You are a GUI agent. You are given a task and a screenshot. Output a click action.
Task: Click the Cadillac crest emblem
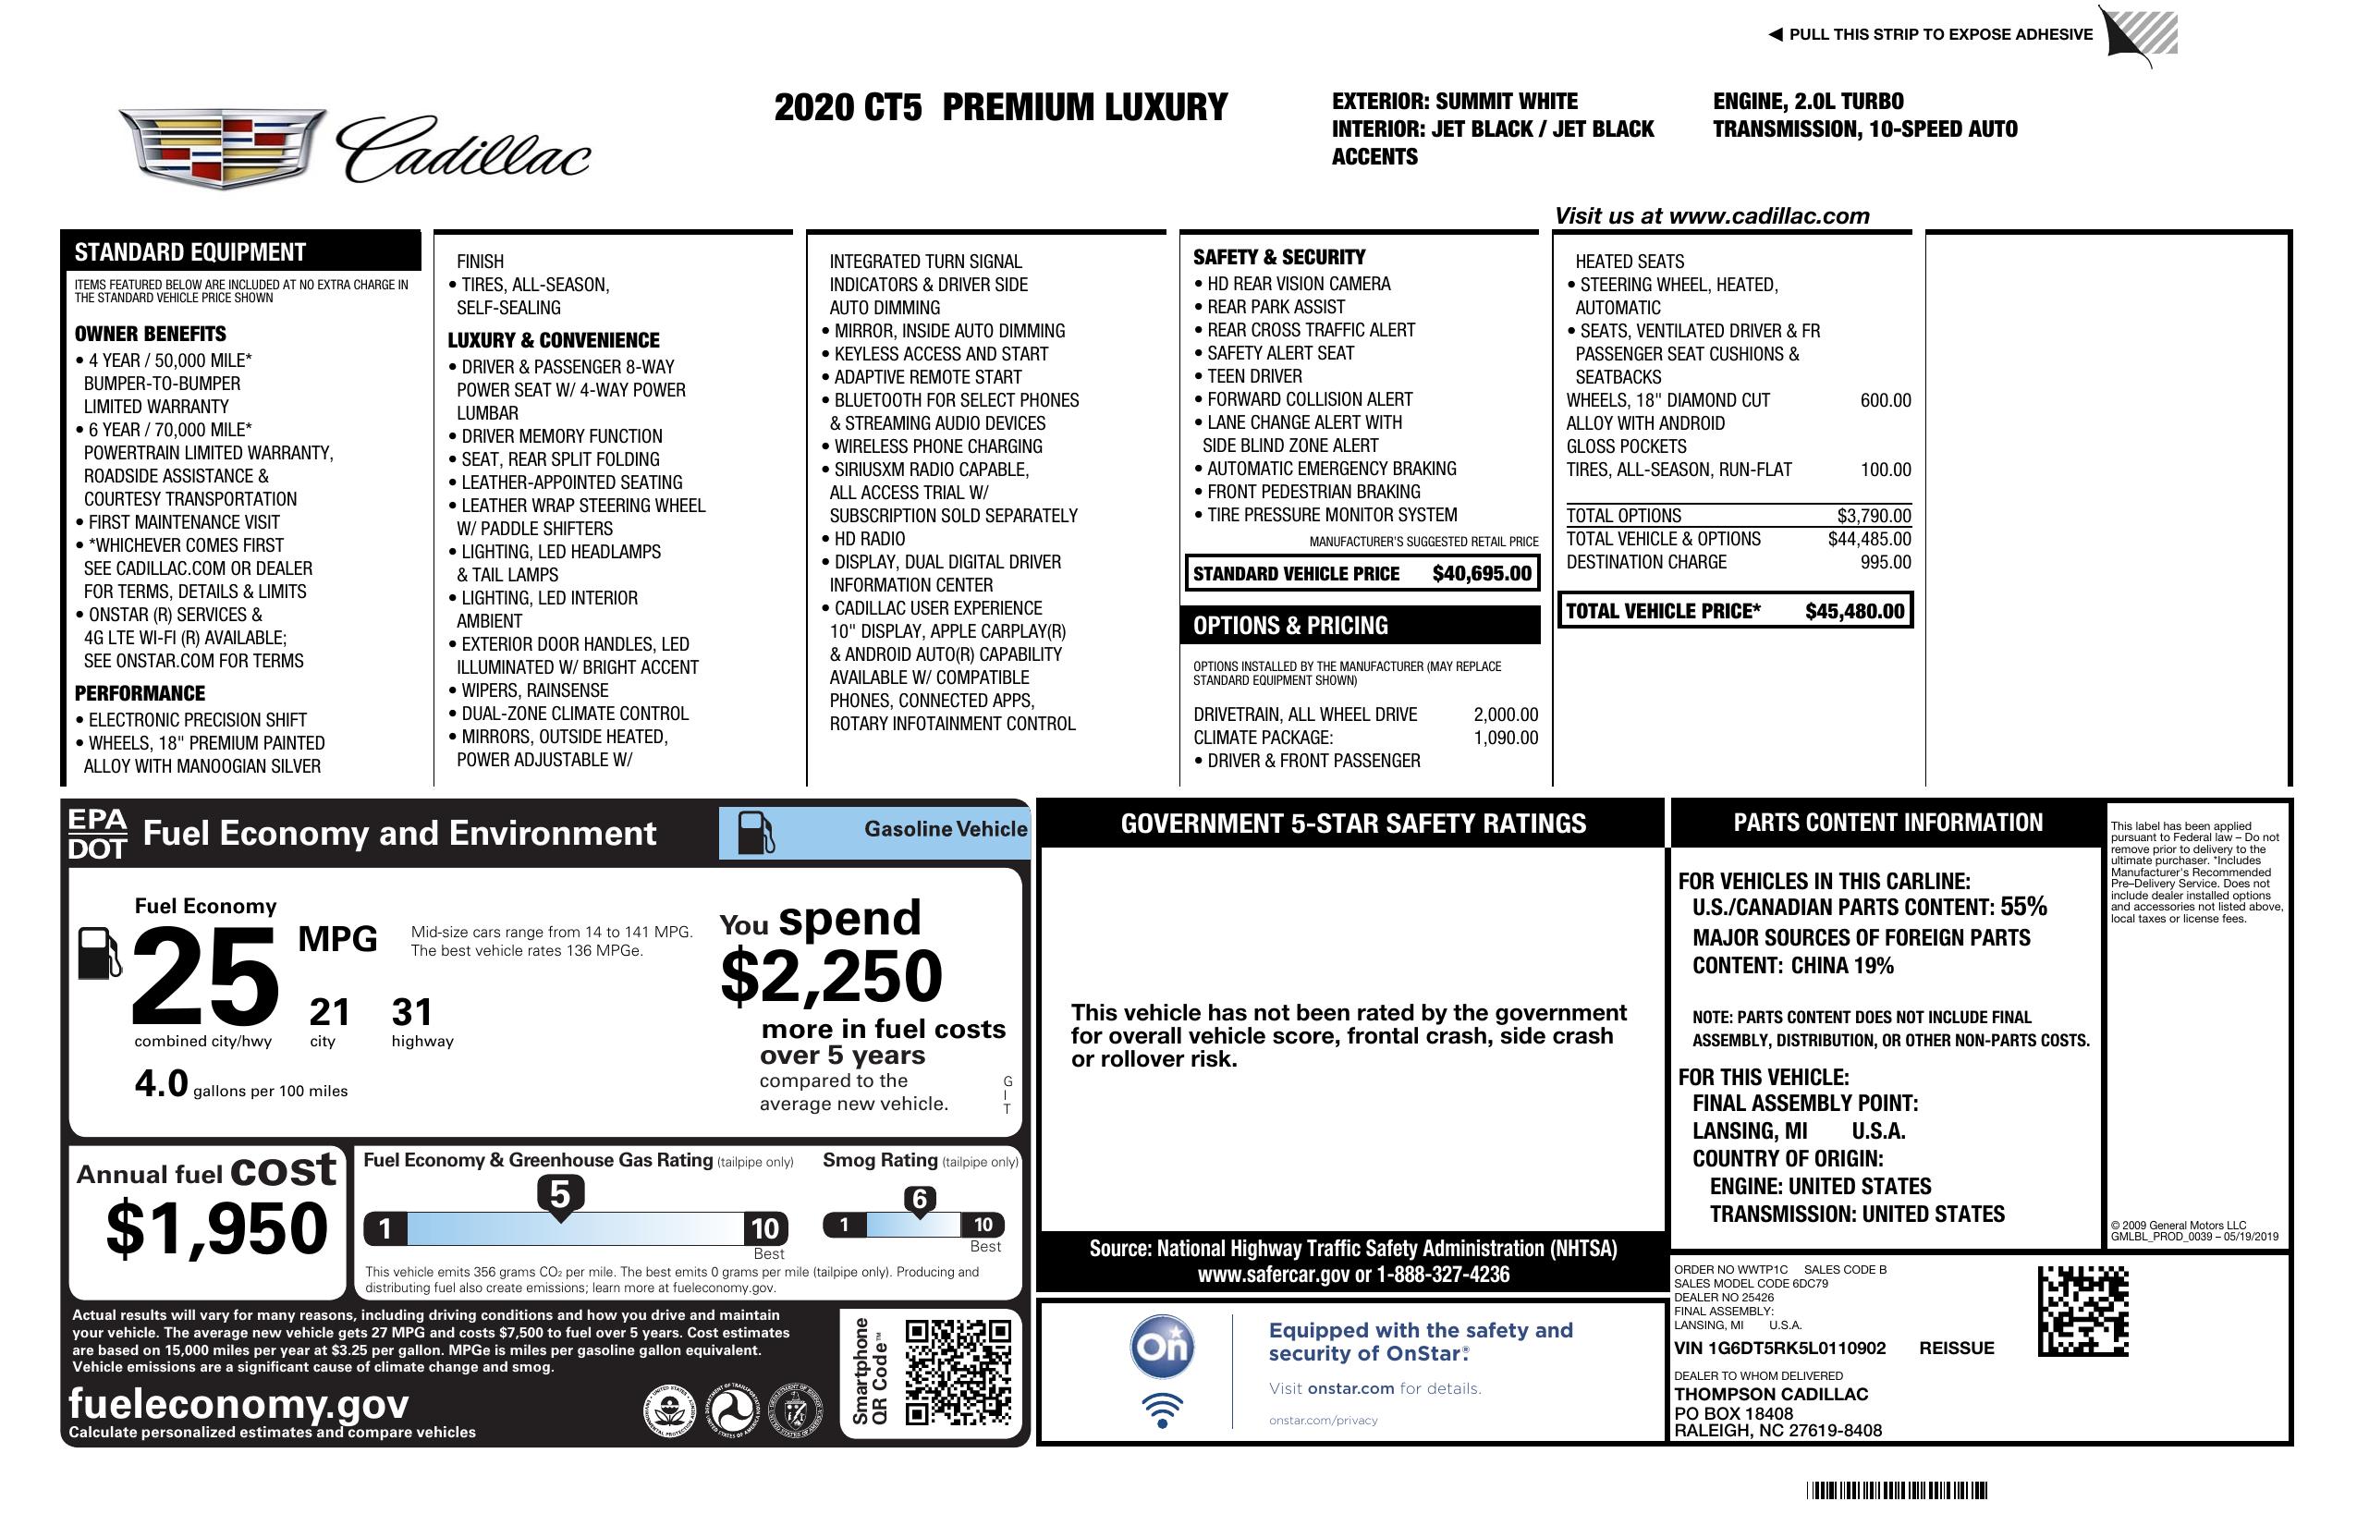(x=222, y=148)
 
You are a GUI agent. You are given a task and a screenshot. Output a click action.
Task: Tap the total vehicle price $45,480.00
(x=1854, y=611)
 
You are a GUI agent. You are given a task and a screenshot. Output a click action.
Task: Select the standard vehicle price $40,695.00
(x=1482, y=573)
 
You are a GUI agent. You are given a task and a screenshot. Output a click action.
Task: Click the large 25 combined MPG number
(x=205, y=976)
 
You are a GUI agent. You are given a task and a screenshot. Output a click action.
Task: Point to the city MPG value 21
(x=329, y=1012)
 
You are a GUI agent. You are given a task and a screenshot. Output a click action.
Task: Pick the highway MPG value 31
(x=412, y=1012)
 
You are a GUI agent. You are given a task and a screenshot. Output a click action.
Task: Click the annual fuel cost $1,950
(x=217, y=1228)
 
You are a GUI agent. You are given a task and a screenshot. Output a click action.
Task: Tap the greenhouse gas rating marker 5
(x=559, y=1195)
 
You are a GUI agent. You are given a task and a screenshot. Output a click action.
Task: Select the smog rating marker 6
(x=919, y=1199)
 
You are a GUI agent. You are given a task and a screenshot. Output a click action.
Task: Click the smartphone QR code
(x=958, y=1371)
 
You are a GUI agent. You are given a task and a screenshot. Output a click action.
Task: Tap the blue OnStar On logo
(x=1162, y=1347)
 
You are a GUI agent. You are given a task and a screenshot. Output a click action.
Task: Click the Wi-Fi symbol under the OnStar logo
(x=1162, y=1410)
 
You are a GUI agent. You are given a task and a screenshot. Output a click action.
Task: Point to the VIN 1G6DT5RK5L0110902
(x=1779, y=1348)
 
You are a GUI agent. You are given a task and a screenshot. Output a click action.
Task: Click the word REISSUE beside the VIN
(x=1956, y=1348)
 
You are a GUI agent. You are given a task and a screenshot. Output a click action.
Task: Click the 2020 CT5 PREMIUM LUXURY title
(x=1000, y=107)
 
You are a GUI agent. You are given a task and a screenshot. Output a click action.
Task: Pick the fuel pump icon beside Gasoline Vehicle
(x=756, y=833)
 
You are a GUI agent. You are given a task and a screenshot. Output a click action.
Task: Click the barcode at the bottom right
(x=1896, y=1490)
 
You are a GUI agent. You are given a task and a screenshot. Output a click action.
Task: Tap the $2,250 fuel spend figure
(x=832, y=976)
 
